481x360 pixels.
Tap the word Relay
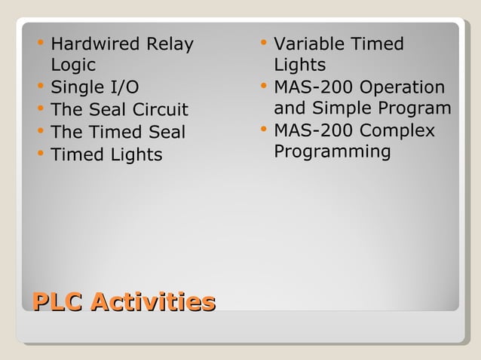click(170, 44)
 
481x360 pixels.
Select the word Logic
click(72, 66)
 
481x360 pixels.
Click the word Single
click(76, 87)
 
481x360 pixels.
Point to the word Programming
click(332, 152)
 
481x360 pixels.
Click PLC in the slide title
click(57, 302)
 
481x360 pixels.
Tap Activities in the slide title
click(153, 302)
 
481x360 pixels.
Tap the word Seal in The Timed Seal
click(165, 133)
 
